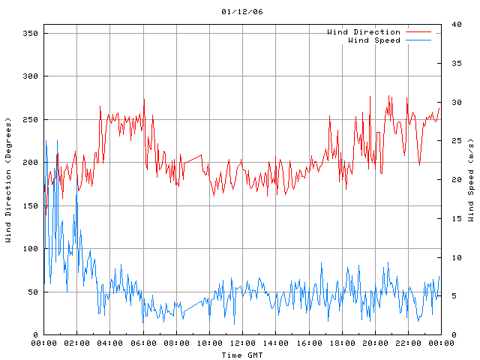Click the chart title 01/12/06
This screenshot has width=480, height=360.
tap(242, 12)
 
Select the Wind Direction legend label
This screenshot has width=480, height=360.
tap(363, 32)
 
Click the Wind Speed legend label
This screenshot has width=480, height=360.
tap(373, 40)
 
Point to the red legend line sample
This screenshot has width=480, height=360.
tap(418, 32)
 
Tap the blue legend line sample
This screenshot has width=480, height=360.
tap(418, 40)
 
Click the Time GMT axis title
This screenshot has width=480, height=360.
tap(242, 355)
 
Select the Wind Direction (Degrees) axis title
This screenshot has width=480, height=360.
tap(8, 180)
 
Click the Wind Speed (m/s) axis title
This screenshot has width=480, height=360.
tap(471, 180)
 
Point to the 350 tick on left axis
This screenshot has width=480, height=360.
tap(30, 33)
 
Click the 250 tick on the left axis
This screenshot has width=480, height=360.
tap(30, 119)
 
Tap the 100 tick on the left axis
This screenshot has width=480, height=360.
tap(30, 249)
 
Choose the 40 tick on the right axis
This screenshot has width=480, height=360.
tap(454, 24)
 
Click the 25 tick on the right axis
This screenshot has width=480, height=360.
tap(454, 141)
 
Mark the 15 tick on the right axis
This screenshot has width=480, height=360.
tap(454, 218)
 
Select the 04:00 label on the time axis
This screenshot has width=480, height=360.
tap(109, 343)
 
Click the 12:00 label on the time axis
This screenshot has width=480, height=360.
tap(242, 343)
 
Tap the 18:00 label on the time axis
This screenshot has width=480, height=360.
tap(342, 343)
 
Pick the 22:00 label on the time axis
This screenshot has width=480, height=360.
tap(408, 343)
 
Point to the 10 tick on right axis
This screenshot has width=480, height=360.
tap(454, 257)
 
